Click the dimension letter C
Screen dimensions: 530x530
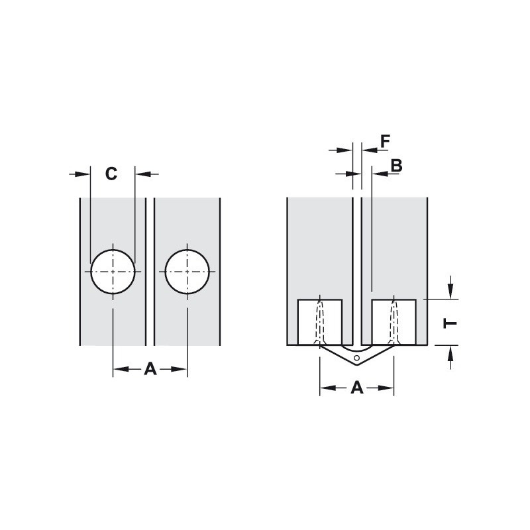pos(111,174)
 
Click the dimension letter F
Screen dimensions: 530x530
pos(386,140)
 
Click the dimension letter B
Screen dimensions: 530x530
pos(396,165)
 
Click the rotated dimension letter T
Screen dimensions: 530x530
pos(450,323)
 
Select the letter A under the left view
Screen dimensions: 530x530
pos(150,369)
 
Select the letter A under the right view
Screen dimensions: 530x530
pos(357,388)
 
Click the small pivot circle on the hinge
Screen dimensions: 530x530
pos(357,358)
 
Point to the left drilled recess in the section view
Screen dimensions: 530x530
pos(320,323)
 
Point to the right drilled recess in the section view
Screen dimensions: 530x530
pos(394,323)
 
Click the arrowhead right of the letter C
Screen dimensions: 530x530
pos(143,174)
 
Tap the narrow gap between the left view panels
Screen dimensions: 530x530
pos(150,272)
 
